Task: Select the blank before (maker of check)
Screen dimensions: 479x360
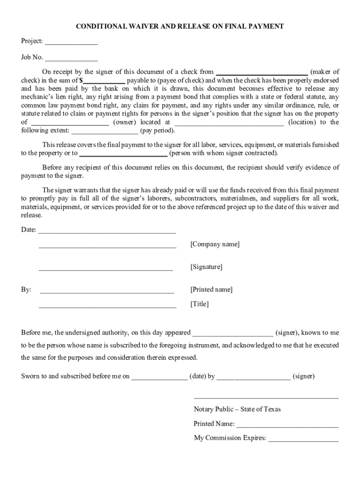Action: pyautogui.click(x=261, y=73)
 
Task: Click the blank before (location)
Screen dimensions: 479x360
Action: pyautogui.click(x=229, y=123)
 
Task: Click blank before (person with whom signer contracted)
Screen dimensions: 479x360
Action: pyautogui.click(x=123, y=154)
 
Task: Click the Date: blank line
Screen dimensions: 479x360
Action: pyautogui.click(x=107, y=231)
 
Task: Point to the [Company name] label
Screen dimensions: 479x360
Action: pyautogui.click(x=215, y=245)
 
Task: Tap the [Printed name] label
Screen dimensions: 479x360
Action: pyautogui.click(x=211, y=290)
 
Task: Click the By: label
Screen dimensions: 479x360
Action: pyautogui.click(x=26, y=290)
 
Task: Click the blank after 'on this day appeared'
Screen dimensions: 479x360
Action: pyautogui.click(x=233, y=334)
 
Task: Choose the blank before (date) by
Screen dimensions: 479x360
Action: pyautogui.click(x=159, y=377)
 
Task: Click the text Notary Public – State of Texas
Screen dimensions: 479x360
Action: pyautogui.click(x=237, y=409)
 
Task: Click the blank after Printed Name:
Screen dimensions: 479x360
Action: pyautogui.click(x=288, y=425)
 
